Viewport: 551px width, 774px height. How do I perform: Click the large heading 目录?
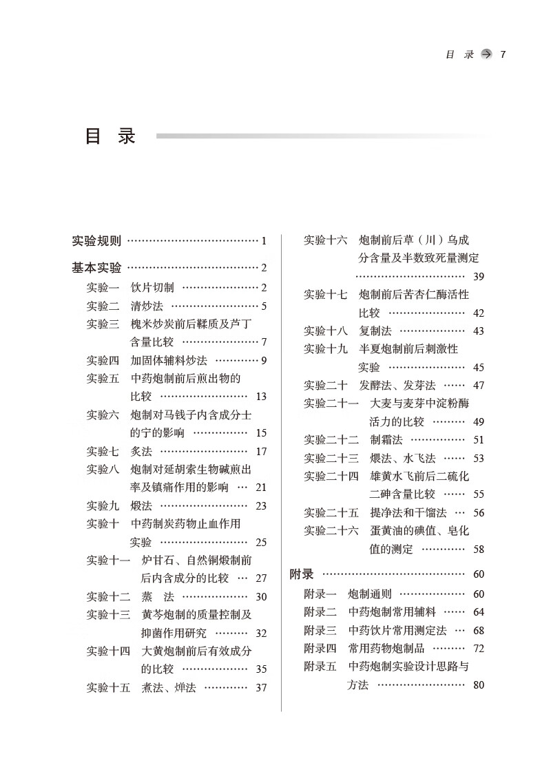point(110,136)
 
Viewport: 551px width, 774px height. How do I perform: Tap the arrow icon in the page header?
point(487,55)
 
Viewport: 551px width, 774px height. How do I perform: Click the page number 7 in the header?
point(503,55)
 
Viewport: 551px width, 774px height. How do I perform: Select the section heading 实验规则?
point(96,241)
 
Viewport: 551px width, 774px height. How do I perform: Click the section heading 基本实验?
point(96,268)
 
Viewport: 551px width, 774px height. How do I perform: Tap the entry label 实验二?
point(103,306)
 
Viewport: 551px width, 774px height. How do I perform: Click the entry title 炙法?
point(141,451)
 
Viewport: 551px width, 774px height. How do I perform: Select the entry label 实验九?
point(103,505)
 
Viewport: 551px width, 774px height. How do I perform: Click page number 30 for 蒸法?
point(261,597)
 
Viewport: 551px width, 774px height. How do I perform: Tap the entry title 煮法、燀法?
point(169,687)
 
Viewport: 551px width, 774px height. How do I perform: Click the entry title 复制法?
point(375,331)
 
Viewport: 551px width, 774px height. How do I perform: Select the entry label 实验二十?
point(326,385)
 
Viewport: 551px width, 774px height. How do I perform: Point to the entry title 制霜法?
point(386,439)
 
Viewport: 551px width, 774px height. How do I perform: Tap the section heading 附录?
point(302,574)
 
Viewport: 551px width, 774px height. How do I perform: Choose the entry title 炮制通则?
point(370,594)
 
